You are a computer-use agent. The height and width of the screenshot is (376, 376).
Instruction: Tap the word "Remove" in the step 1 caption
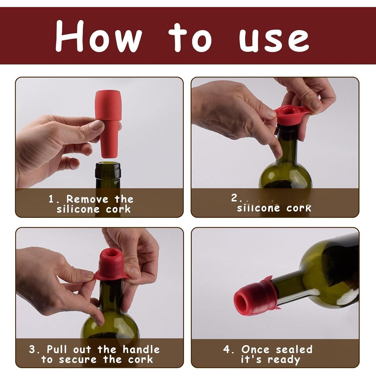pos(87,199)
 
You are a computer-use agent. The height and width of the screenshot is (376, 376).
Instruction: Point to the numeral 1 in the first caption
pos(51,199)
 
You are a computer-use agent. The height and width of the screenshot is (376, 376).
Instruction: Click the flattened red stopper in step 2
pos(288,114)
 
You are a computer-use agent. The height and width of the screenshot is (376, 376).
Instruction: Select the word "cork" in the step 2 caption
pos(299,208)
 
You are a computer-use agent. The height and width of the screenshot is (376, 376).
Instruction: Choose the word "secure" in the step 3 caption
pos(78,359)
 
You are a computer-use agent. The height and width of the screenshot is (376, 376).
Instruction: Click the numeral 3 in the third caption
pos(33,349)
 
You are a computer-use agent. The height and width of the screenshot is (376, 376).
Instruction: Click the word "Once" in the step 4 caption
pos(255,349)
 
